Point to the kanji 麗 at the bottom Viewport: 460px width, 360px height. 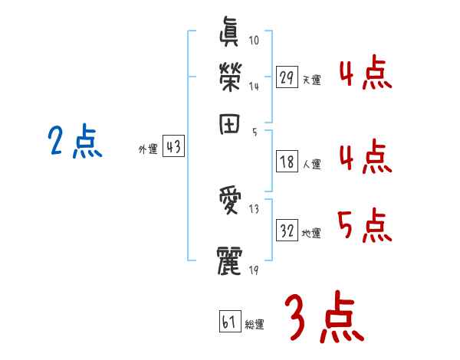231,259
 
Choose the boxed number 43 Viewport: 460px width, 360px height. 174,147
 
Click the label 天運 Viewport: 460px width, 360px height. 311,80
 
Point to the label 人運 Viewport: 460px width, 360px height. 311,164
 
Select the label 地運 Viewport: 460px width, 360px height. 311,234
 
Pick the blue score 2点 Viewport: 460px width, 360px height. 75,142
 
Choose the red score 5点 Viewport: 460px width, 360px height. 365,225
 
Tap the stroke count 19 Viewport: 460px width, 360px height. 253,270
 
